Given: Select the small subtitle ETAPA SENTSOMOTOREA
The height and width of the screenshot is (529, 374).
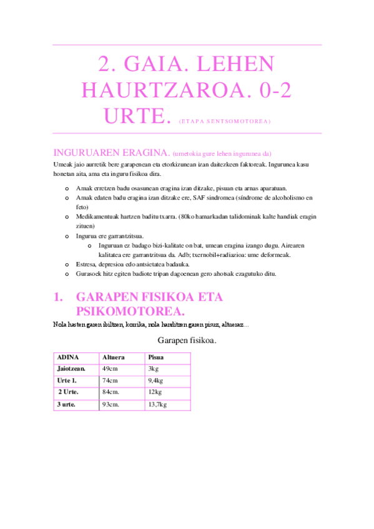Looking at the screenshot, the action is click(225, 121).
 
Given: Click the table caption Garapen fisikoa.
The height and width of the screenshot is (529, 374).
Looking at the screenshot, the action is click(187, 340).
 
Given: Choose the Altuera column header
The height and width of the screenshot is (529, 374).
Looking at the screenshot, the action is click(113, 357).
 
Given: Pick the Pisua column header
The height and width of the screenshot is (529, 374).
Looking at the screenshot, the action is click(155, 357).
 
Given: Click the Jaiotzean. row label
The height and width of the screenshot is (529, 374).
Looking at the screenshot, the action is click(71, 369).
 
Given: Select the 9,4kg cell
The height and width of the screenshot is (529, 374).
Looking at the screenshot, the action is click(156, 381).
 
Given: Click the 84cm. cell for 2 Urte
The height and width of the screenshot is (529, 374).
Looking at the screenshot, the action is click(111, 392).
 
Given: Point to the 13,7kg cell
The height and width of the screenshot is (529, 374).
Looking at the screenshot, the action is click(158, 404).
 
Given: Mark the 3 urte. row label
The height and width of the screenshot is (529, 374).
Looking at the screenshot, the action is click(68, 404).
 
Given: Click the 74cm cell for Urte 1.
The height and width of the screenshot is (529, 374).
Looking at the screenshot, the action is click(110, 381).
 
